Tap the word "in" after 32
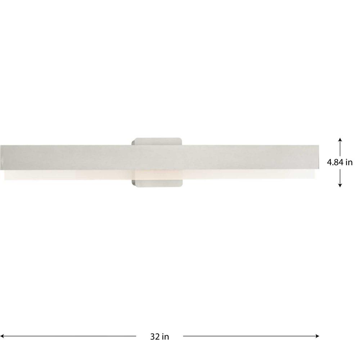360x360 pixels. click(x=166, y=337)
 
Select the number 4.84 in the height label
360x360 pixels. click(x=335, y=162)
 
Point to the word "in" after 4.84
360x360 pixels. click(x=349, y=162)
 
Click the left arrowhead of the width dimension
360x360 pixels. click(x=2, y=336)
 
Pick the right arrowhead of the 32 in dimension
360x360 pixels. click(x=317, y=336)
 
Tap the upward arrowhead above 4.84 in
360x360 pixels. click(x=340, y=140)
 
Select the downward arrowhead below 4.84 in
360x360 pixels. click(x=340, y=185)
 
